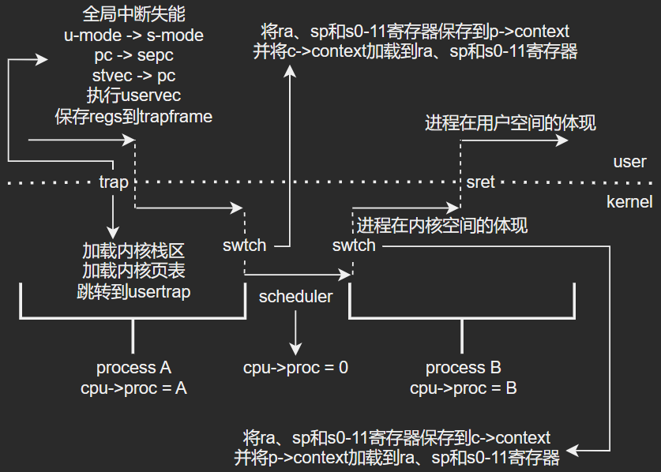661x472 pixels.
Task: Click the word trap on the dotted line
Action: (x=114, y=182)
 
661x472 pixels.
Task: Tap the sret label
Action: (x=480, y=182)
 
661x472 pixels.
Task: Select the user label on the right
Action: (x=629, y=162)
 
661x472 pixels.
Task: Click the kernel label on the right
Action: (x=629, y=202)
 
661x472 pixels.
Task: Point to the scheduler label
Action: (x=295, y=297)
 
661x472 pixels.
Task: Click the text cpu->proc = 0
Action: (x=295, y=367)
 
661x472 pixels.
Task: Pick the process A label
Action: (x=133, y=368)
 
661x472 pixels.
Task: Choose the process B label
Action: (x=464, y=368)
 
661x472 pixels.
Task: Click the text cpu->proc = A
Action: (x=133, y=388)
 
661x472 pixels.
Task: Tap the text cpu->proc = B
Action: (x=464, y=388)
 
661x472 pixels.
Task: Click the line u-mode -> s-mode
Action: (x=133, y=36)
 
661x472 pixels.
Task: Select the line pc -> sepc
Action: (x=133, y=56)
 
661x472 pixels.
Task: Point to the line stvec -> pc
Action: (x=133, y=77)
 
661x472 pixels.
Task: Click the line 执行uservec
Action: (x=133, y=96)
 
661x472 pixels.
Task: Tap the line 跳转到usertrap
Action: (x=133, y=292)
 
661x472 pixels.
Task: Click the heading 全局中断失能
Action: (x=133, y=15)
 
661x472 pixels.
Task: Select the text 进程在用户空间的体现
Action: (x=510, y=123)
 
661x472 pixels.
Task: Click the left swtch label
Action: (x=244, y=245)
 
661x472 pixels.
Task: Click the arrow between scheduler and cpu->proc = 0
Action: (x=295, y=332)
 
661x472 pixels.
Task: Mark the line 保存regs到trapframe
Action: (x=133, y=117)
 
